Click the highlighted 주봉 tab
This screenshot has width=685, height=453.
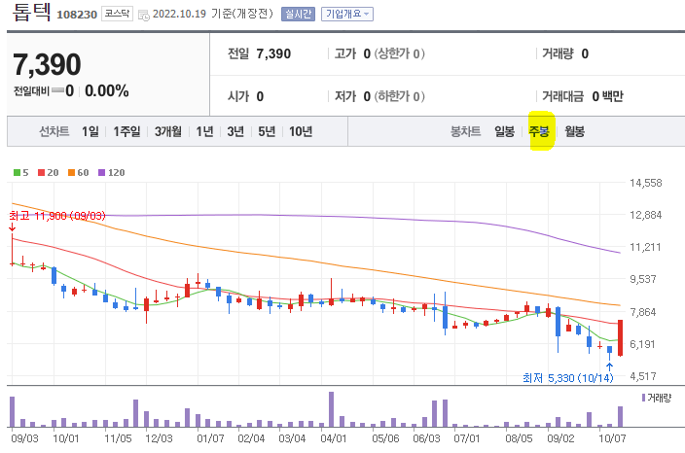[539, 131]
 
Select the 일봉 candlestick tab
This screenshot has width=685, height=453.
[504, 131]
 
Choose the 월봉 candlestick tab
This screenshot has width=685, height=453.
[574, 131]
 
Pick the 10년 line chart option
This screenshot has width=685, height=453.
[300, 131]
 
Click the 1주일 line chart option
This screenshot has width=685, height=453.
[126, 131]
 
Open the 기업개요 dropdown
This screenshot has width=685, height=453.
[346, 15]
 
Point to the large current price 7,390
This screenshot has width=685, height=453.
[47, 65]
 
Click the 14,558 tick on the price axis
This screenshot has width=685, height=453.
[645, 183]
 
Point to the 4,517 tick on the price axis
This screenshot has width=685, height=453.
[645, 376]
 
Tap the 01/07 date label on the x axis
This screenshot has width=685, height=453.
[210, 438]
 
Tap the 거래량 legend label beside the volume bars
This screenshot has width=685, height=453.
[658, 399]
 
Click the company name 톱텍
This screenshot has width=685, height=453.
[30, 15]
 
